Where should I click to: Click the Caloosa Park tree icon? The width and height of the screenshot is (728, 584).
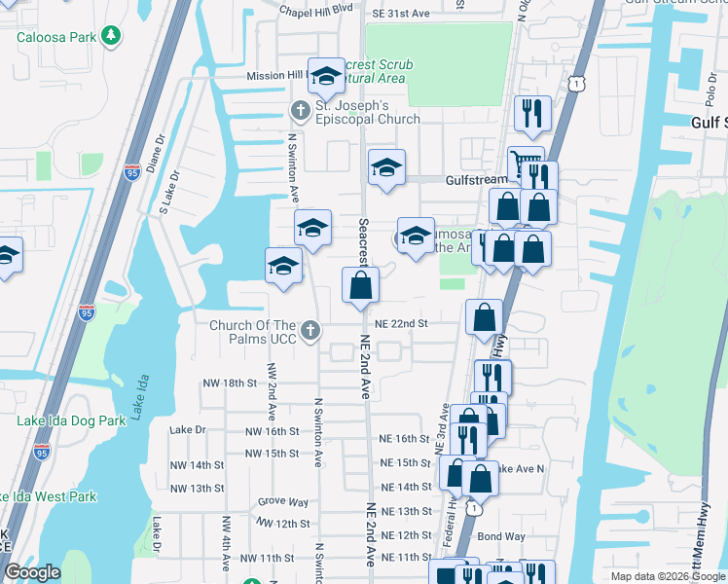(113, 37)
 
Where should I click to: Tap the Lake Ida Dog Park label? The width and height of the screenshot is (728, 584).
(71, 421)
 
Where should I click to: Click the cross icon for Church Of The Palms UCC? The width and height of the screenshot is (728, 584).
(310, 331)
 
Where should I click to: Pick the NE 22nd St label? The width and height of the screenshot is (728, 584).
(404, 323)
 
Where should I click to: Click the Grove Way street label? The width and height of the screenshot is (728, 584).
(283, 502)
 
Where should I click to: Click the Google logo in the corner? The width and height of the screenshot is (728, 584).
(32, 572)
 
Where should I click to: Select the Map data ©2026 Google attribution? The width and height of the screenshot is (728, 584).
(667, 576)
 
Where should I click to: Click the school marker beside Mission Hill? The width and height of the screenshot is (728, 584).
(326, 75)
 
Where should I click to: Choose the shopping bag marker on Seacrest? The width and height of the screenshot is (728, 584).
(360, 285)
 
